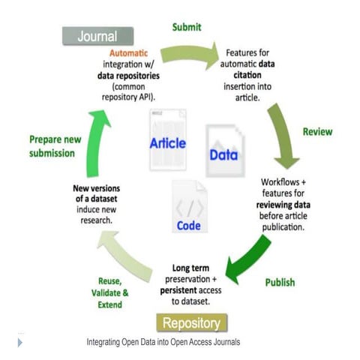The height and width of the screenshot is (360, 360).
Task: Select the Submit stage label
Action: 187,27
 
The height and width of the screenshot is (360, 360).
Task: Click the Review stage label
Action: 317,132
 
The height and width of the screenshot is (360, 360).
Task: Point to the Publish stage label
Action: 279,283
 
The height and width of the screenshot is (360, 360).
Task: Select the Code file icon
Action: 188,206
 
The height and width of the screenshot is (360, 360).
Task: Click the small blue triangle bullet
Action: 19,342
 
